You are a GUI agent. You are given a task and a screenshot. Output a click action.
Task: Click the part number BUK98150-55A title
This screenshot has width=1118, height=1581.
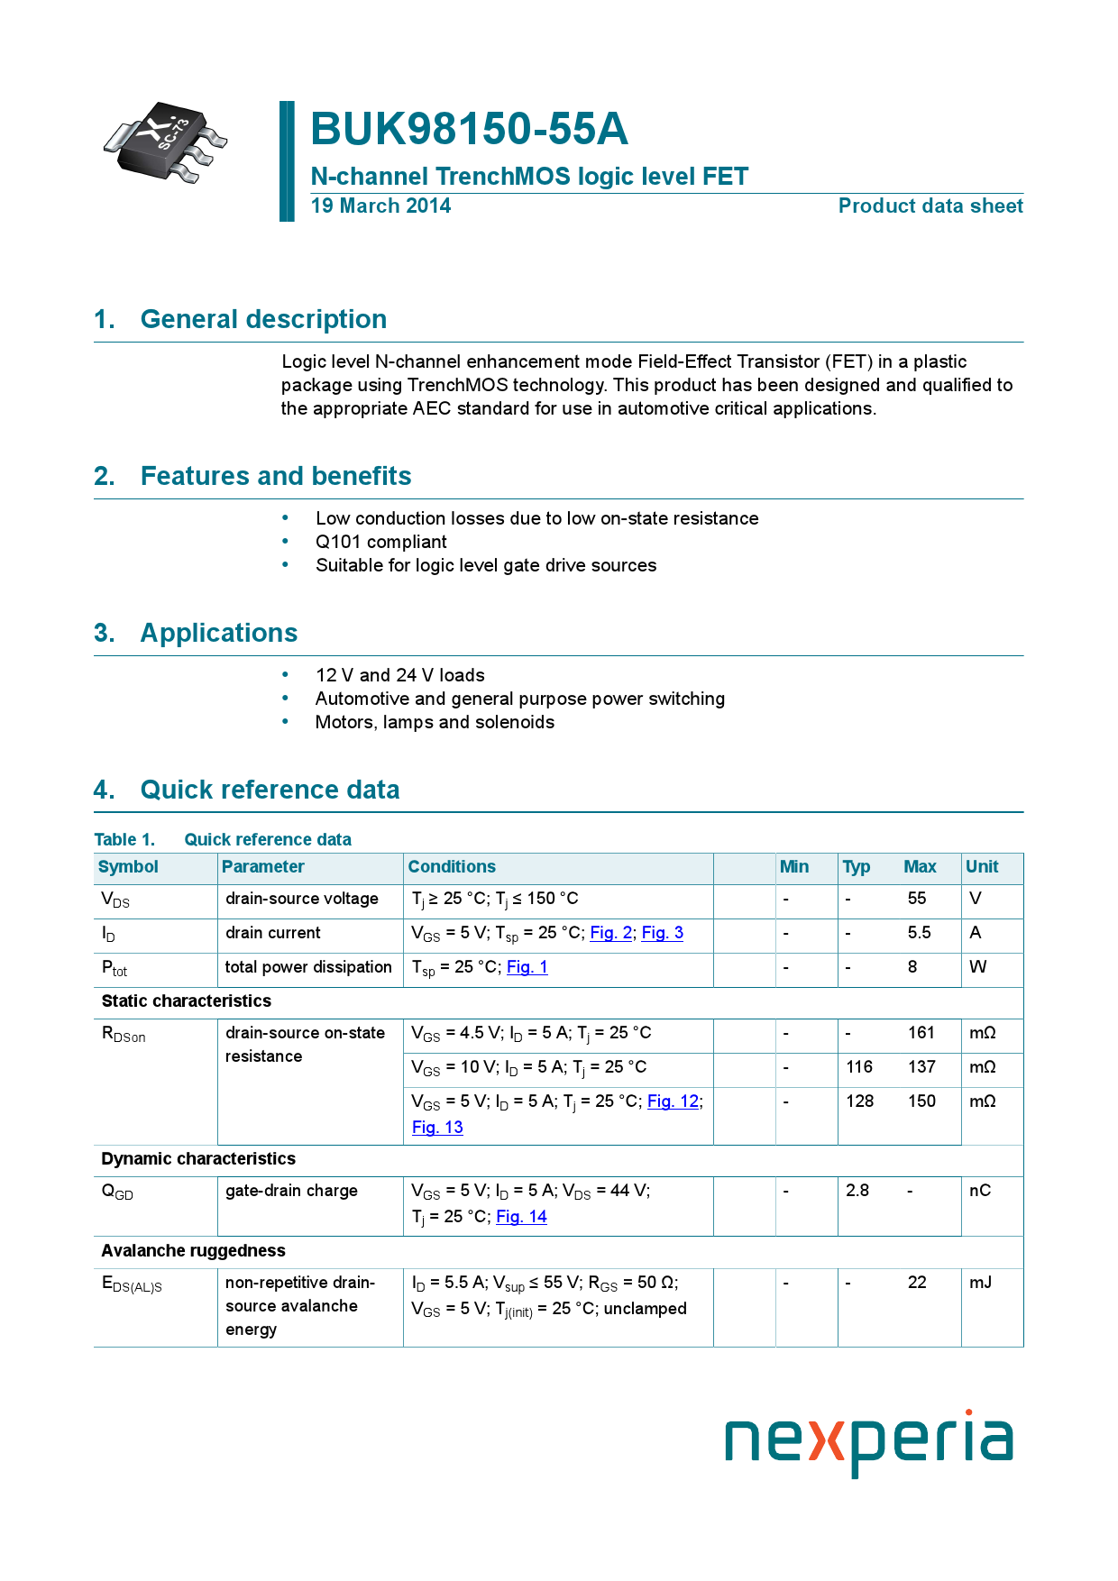click(469, 129)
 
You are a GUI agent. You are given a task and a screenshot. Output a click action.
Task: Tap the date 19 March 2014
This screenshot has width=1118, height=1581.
click(380, 206)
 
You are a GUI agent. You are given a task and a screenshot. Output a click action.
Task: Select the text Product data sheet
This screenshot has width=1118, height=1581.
click(930, 206)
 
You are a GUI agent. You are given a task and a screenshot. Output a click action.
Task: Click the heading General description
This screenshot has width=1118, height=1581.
click(263, 319)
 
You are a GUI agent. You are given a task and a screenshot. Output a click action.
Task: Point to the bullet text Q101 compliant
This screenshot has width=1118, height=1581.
click(380, 542)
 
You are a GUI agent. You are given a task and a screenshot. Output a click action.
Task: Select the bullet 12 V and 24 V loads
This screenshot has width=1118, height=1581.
click(399, 675)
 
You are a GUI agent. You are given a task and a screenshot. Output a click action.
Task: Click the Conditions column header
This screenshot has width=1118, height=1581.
click(452, 867)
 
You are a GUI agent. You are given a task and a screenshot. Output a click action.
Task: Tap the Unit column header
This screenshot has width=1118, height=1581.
click(981, 867)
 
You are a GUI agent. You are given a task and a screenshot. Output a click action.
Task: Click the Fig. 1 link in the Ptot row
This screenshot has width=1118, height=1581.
click(527, 967)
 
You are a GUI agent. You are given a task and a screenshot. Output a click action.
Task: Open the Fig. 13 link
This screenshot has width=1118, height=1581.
click(437, 1128)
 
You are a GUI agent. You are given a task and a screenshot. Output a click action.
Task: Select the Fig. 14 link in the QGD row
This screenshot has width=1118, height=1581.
click(521, 1217)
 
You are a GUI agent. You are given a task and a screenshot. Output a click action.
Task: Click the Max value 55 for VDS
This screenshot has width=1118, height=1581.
click(916, 899)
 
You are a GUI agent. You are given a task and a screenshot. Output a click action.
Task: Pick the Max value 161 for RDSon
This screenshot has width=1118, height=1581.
click(921, 1033)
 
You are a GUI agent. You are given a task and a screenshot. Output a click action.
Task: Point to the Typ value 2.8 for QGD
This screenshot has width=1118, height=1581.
click(857, 1191)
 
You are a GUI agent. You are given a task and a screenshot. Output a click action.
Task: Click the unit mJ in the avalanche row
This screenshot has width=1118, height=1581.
click(979, 1283)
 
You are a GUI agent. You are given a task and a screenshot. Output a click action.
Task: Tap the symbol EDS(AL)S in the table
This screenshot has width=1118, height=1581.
click(132, 1284)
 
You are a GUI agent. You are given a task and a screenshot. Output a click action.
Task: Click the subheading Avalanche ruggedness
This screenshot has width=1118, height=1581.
click(193, 1251)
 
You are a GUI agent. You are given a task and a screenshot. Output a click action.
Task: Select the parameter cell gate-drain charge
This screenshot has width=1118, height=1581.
click(291, 1191)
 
